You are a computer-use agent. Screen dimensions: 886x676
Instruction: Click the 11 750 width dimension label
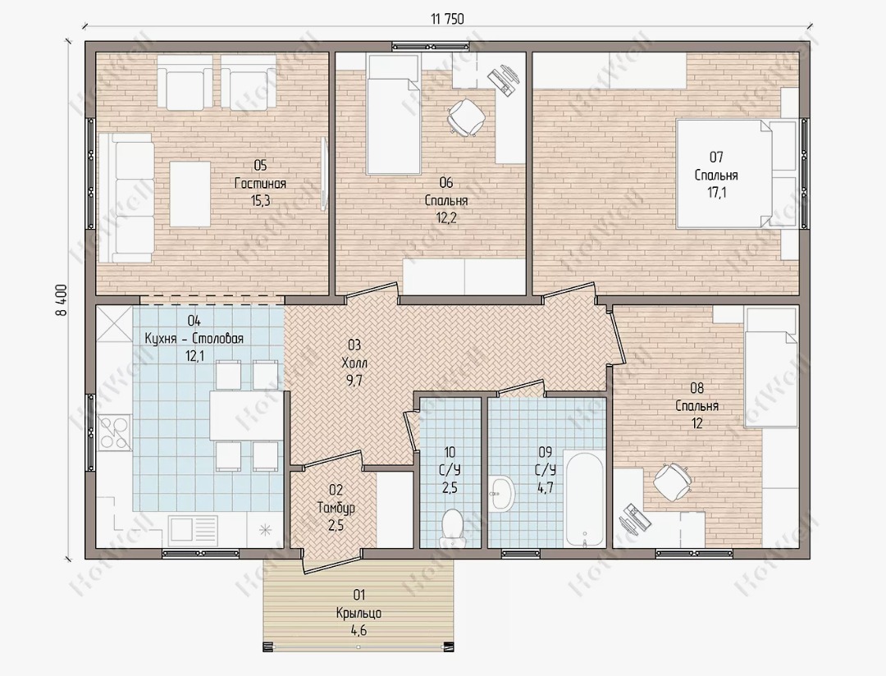(x=447, y=19)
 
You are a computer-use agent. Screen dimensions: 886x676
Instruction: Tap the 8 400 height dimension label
(x=62, y=299)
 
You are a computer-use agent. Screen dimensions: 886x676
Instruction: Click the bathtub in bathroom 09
(x=584, y=500)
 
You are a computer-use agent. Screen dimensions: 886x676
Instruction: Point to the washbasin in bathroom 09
(x=502, y=493)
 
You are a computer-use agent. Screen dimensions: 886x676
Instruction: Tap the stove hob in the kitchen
(x=115, y=432)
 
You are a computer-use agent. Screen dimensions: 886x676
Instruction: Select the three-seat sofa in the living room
(x=126, y=198)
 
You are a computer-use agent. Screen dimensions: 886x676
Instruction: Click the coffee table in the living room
(x=190, y=194)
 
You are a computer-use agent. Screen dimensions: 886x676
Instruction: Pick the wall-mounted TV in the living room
(x=324, y=174)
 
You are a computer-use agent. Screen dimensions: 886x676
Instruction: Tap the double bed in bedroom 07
(x=724, y=174)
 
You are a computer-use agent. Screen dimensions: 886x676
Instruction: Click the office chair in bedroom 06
(x=466, y=117)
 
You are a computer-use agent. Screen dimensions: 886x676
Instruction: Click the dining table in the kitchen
(x=246, y=415)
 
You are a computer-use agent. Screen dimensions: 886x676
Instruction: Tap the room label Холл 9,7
(x=354, y=363)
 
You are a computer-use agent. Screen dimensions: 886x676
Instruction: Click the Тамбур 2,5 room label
(x=336, y=507)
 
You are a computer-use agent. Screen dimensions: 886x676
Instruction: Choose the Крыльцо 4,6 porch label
(x=359, y=612)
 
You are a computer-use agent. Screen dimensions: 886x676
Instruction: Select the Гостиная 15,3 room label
(x=260, y=183)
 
